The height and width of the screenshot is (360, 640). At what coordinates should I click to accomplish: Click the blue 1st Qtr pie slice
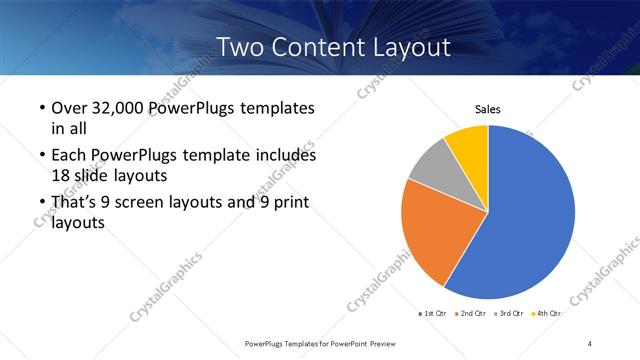530,220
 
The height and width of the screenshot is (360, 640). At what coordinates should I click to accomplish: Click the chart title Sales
487,110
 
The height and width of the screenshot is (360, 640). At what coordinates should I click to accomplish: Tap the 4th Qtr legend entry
548,314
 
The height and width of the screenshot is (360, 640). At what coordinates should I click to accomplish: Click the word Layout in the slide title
405,46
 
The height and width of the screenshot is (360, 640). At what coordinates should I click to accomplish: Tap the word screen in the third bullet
148,203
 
